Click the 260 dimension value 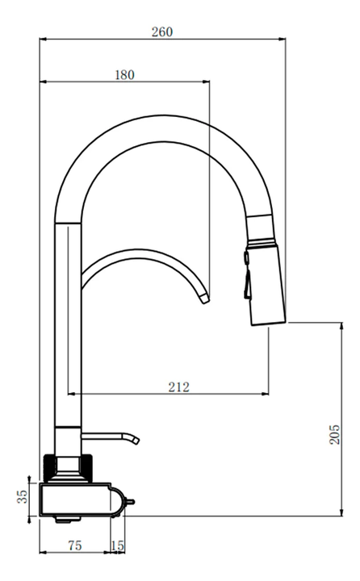(162, 31)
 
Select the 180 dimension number (124, 75)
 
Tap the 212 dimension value (178, 387)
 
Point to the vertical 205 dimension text (334, 434)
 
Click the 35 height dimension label (23, 496)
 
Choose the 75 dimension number (75, 545)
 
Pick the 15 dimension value (118, 545)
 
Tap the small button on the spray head (246, 257)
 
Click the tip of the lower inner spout (205, 298)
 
